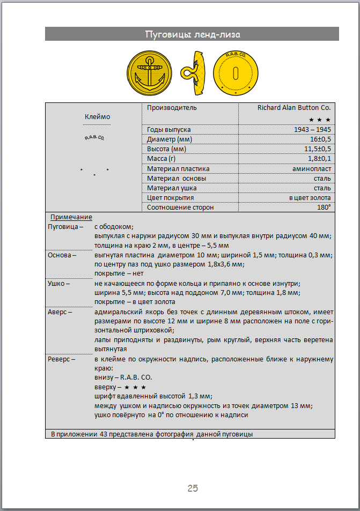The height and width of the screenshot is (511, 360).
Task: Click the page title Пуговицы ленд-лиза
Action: (192, 35)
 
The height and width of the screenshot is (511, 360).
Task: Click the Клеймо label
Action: (97, 116)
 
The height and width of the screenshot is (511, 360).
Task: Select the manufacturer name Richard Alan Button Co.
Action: (294, 107)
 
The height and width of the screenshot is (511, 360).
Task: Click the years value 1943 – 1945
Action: (312, 130)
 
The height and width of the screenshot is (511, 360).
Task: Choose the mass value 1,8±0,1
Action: (319, 159)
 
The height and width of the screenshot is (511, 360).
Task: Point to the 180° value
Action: (324, 207)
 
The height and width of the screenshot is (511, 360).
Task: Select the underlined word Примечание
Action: (71, 217)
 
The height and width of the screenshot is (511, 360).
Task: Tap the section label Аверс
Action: (60, 311)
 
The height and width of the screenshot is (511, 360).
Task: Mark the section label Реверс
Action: (61, 359)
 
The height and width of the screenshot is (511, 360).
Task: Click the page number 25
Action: (193, 488)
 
